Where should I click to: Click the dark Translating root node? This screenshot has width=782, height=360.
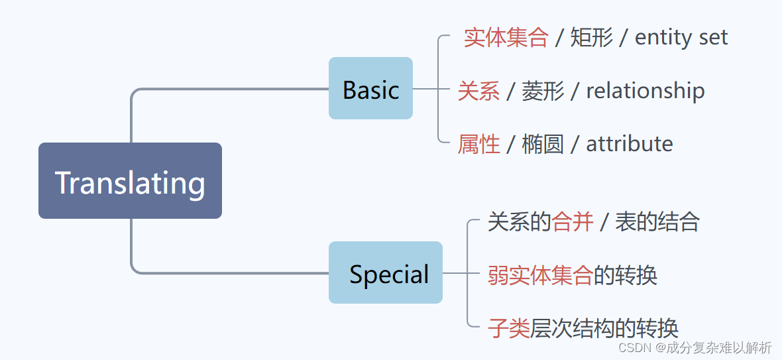(x=130, y=181)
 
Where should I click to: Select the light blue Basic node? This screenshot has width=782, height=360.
(x=370, y=89)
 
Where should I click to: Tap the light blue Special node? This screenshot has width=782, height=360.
(x=386, y=273)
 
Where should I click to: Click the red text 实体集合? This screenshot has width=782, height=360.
(x=506, y=37)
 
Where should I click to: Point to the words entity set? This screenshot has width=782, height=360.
(x=681, y=37)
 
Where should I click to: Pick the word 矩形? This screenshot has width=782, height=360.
(x=591, y=37)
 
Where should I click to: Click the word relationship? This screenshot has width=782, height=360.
(x=645, y=91)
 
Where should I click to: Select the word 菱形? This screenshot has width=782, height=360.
(x=543, y=91)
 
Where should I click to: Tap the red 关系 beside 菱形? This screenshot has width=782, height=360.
(x=478, y=91)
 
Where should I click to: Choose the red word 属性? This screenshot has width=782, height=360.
(x=478, y=144)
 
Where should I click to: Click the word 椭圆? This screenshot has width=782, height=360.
(x=543, y=144)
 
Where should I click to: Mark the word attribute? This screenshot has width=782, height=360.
(x=629, y=144)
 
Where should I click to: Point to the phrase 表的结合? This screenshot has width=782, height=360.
(x=657, y=221)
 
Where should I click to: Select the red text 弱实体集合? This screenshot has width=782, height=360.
(x=540, y=274)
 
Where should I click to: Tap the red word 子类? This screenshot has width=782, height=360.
(x=509, y=328)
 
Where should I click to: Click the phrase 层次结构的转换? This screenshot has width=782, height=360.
(x=604, y=328)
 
